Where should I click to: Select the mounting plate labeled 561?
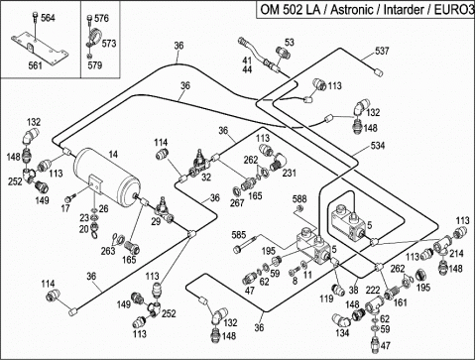(40, 47)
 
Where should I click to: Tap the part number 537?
(382, 51)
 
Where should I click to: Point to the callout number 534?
(378, 145)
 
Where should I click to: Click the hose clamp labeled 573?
(94, 36)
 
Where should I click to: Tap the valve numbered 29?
(163, 210)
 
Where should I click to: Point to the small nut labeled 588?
(300, 208)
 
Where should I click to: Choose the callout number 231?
(289, 173)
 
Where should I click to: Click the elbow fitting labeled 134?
(342, 320)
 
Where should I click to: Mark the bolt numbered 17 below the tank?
(70, 198)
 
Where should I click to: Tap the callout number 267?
(237, 202)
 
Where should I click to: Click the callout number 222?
(373, 291)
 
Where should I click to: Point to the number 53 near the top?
(289, 43)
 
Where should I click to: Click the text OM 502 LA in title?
(290, 10)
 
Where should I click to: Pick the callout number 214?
(456, 254)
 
